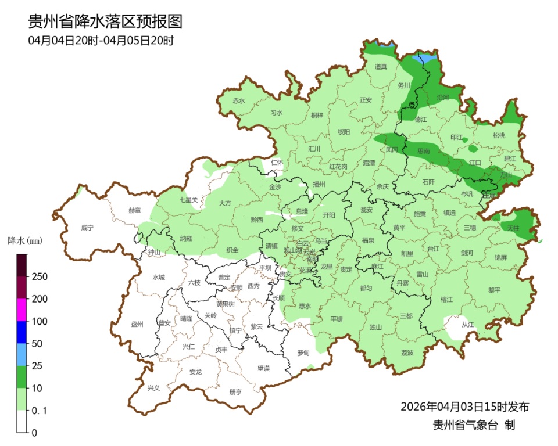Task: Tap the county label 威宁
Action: pos(87,228)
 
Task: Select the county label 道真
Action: pos(381,67)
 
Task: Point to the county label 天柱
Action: pos(513,228)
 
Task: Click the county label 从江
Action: pos(467,325)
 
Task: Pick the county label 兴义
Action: pos(153,388)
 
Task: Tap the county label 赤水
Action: pos(239,100)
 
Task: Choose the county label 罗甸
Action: pos(303,353)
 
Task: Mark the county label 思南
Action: pos(424,151)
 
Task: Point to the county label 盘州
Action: pos(138,325)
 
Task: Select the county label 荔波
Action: pos(407,353)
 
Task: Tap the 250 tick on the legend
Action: pos(40,276)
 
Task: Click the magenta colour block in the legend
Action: pos(22,310)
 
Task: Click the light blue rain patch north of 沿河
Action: pos(427,58)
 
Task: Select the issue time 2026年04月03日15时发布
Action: pos(464,406)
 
